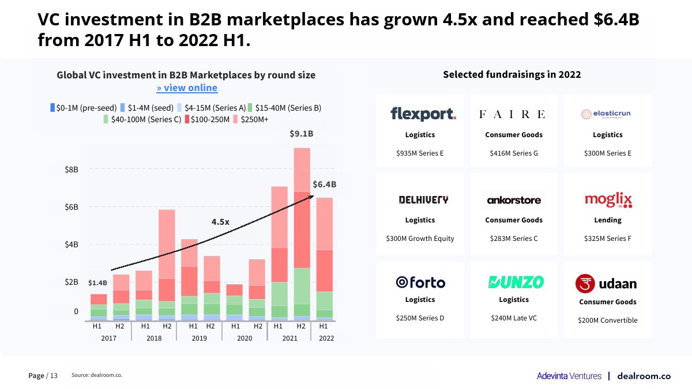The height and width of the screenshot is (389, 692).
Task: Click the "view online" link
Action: [187, 88]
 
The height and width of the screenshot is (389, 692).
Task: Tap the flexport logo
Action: [423, 114]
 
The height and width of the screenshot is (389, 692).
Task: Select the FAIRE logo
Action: [512, 114]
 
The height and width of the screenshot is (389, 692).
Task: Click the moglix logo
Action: [608, 200]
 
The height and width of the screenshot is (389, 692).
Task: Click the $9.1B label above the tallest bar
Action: [301, 134]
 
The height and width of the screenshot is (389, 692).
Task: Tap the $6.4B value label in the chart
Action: [324, 185]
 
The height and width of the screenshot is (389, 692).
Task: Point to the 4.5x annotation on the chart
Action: [220, 221]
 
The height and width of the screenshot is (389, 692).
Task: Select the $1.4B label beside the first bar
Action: [97, 283]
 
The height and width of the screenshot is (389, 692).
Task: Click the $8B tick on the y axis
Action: [72, 169]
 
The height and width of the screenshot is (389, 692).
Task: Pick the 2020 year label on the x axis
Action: [245, 338]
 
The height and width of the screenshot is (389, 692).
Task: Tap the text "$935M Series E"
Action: [420, 153]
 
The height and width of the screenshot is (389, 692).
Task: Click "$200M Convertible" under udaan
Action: [608, 320]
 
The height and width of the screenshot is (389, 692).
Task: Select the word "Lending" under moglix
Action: [608, 220]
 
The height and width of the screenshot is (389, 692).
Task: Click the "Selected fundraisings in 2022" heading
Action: [512, 74]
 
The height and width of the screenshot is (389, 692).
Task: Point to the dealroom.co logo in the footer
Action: [644, 376]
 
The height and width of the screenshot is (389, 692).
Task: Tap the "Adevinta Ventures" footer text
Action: [569, 376]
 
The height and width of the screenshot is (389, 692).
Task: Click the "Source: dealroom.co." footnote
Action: [97, 375]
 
